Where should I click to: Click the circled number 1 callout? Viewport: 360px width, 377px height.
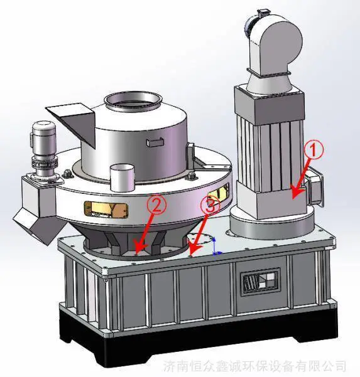point(314,150)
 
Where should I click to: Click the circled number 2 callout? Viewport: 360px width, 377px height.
point(156,204)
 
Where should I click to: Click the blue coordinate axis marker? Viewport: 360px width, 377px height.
point(216,247)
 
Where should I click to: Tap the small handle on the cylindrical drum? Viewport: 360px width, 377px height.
point(155,142)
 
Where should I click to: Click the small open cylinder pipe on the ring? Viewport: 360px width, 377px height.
point(122,177)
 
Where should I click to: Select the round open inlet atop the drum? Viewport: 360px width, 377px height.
point(133,101)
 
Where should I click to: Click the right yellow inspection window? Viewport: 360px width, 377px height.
point(218,194)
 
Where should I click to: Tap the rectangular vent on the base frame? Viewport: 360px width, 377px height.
point(261,282)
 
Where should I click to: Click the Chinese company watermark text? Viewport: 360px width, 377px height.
point(254,365)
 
